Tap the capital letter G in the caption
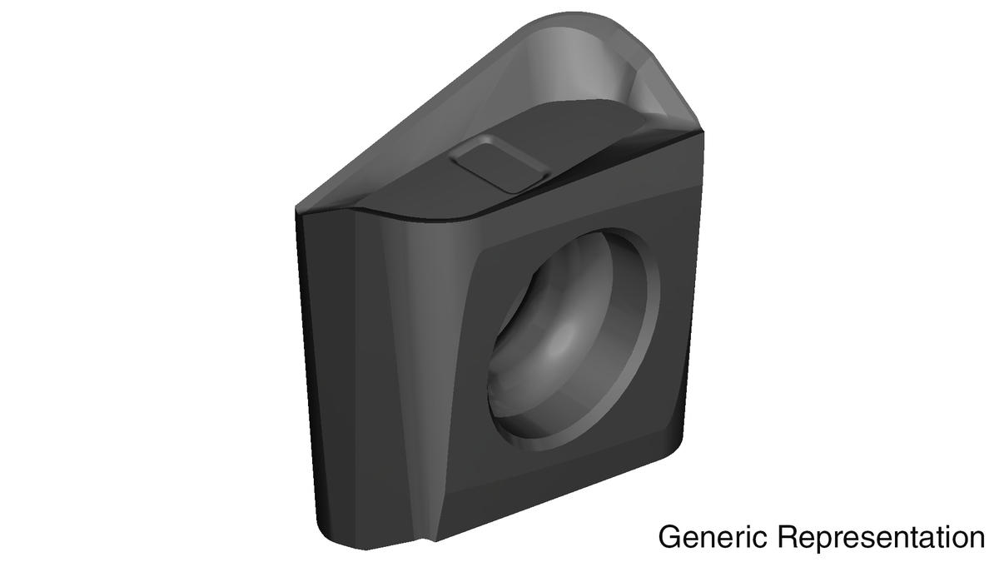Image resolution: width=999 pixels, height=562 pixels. (x=668, y=537)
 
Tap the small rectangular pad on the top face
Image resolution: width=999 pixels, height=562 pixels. (x=499, y=165)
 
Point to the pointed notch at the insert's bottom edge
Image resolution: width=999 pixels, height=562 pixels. (x=434, y=553)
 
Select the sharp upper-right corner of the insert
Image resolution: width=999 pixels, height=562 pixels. (x=703, y=131)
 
